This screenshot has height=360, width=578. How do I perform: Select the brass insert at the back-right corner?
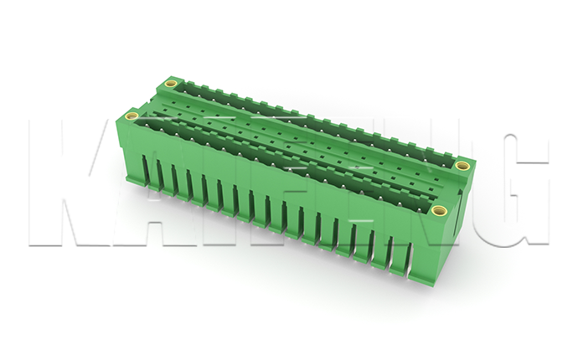tap(462, 166)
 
